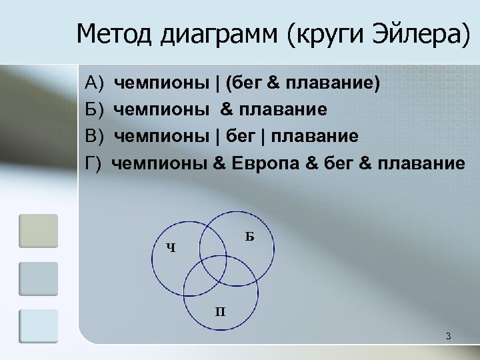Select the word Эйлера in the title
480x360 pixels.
pyautogui.click(x=419, y=34)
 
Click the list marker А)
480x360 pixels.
pyautogui.click(x=97, y=84)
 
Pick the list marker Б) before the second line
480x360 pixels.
pyautogui.click(x=97, y=110)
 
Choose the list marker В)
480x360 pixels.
pyautogui.click(x=97, y=137)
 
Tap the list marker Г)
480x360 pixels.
pyautogui.click(x=95, y=163)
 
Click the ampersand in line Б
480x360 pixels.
pyautogui.click(x=225, y=110)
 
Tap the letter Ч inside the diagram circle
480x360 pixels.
pyautogui.click(x=171, y=249)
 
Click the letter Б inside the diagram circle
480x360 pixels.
pyautogui.click(x=249, y=235)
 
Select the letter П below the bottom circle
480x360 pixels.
pyautogui.click(x=219, y=311)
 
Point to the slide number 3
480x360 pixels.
pyautogui.click(x=449, y=336)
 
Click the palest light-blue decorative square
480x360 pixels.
pyautogui.click(x=39, y=326)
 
